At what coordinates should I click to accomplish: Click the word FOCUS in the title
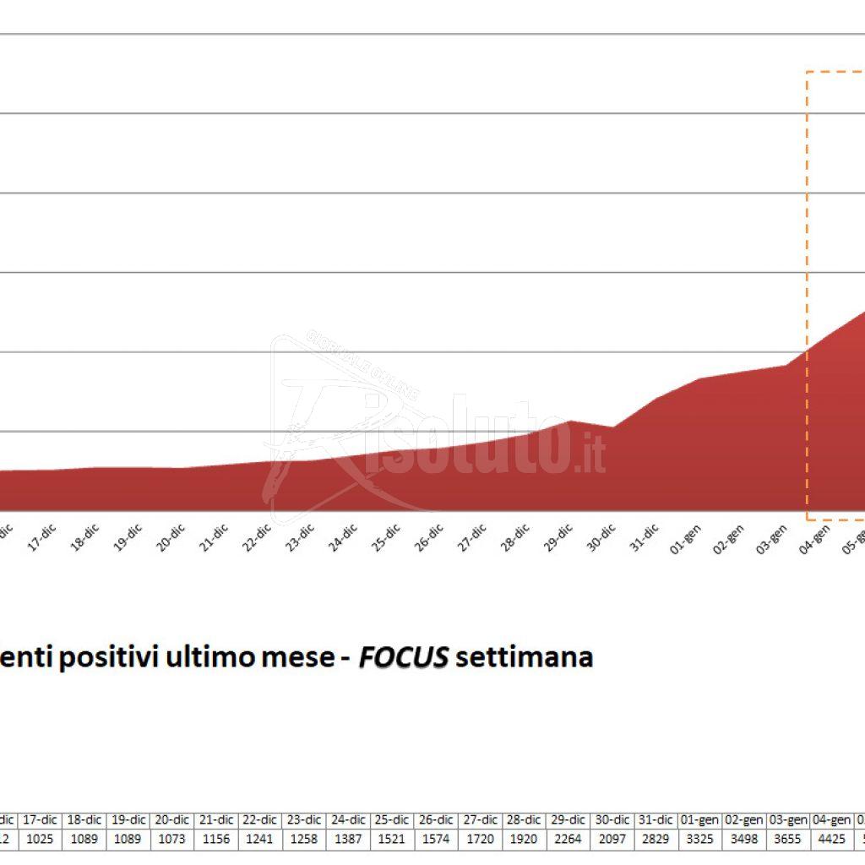coord(403,657)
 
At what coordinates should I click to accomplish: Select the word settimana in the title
coord(524,657)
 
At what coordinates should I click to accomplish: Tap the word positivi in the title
coord(109,657)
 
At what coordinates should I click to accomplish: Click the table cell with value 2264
coord(569,839)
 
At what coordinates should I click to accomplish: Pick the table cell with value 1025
coord(41,839)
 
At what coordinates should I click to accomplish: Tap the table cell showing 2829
coord(656,839)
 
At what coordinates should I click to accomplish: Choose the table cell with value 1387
coord(348,839)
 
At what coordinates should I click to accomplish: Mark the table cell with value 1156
coord(216,839)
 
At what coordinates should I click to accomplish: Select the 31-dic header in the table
coord(656,819)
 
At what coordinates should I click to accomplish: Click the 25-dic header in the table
coord(392,819)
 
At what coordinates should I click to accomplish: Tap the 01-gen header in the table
coord(700,819)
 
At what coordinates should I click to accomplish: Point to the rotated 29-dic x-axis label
coord(558,538)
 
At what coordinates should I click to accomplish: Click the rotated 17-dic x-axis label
coord(42,538)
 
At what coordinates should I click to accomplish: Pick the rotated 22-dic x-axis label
coord(257,538)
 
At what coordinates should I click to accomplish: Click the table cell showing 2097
coord(612,839)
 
